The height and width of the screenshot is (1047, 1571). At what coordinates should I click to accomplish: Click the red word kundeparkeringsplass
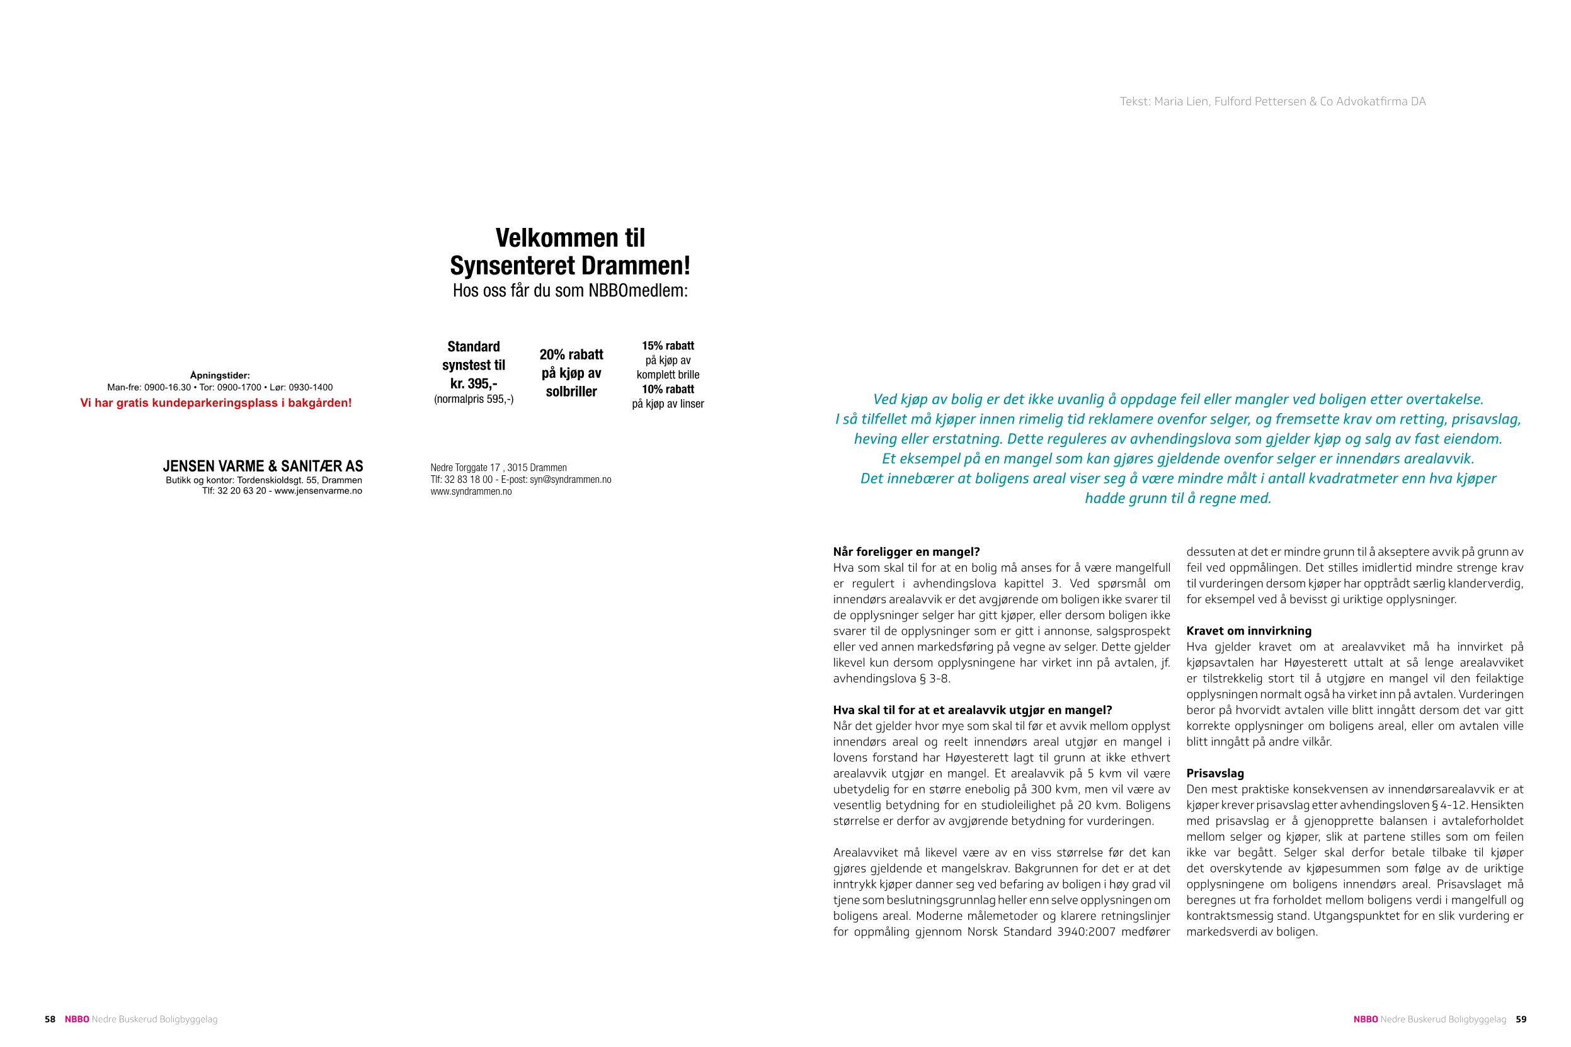point(214,403)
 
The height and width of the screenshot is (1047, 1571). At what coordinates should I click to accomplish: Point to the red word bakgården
point(319,403)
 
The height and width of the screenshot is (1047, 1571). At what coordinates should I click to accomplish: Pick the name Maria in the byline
point(1168,101)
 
